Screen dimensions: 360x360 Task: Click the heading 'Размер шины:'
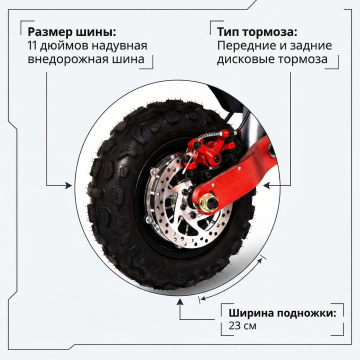pos(72,32)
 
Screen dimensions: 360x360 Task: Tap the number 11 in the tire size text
pos(32,46)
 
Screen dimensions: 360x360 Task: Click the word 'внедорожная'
pos(68,59)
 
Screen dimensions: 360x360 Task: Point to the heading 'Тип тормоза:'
pos(257,32)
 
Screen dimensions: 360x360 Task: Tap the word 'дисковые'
pos(243,59)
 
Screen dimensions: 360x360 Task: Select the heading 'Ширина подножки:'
pos(282,313)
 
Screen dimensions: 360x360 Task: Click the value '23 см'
pos(242,326)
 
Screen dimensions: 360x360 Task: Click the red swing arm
pos(233,173)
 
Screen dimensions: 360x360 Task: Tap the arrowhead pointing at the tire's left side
pos(69,185)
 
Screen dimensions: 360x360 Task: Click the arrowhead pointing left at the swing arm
pos(266,185)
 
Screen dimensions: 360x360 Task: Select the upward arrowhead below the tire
pos(180,302)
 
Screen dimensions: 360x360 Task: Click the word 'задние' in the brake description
pos(311,46)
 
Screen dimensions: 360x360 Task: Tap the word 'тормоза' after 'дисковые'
pos(300,59)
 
